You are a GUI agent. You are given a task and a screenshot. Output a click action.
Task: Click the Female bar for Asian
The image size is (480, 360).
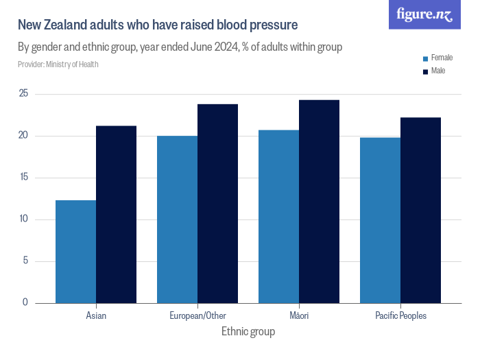[x=75, y=252]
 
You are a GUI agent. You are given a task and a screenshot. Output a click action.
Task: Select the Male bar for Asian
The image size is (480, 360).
[x=116, y=215]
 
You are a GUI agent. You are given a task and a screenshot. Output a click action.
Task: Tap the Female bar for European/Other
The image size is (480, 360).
[x=177, y=219]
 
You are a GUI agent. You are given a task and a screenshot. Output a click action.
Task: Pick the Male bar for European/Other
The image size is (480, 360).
[x=217, y=204]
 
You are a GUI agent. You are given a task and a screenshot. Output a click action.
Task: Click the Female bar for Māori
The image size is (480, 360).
[x=278, y=217]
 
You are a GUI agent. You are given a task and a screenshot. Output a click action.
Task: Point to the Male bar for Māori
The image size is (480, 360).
[x=319, y=202]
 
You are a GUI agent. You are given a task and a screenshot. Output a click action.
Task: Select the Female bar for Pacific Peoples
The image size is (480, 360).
[x=380, y=220]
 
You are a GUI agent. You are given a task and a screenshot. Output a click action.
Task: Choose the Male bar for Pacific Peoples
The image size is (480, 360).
[x=420, y=211]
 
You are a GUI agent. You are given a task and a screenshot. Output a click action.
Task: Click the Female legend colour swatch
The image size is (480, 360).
[x=426, y=59]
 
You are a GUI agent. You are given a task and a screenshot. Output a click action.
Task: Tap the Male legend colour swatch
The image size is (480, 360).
[x=426, y=71]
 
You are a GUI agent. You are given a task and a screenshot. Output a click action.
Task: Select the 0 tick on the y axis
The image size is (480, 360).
[x=25, y=302]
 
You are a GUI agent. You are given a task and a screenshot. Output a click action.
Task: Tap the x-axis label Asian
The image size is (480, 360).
[x=96, y=316]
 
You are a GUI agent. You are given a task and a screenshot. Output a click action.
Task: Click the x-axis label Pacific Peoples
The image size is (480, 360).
[x=400, y=316]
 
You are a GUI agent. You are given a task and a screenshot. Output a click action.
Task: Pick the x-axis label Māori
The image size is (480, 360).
[x=299, y=316]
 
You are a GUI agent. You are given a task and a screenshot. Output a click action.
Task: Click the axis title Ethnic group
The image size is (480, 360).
[x=248, y=332]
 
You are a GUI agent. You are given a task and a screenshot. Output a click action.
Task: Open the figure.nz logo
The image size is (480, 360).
[x=424, y=15]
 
